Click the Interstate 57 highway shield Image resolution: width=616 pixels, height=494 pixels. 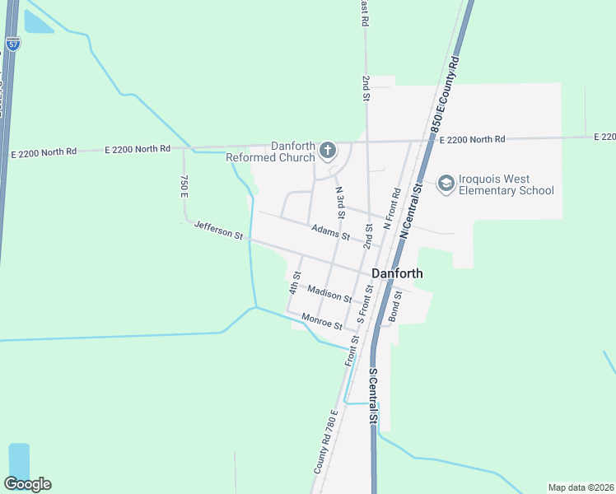point(13,44)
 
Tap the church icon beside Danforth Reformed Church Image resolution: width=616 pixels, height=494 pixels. point(327,150)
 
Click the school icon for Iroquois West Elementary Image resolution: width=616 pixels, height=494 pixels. point(446,184)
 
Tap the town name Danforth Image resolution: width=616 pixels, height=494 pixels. point(397,274)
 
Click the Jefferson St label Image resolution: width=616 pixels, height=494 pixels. point(218,230)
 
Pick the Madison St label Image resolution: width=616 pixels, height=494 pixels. point(329,292)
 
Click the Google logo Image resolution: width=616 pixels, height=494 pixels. point(27,484)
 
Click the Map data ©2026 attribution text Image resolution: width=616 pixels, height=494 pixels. point(581,487)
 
